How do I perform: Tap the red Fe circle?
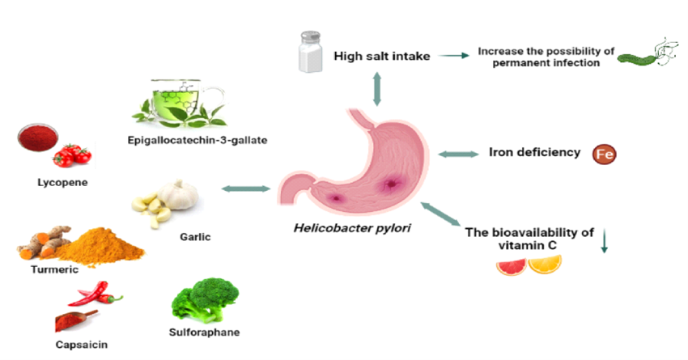604,153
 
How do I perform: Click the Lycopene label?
62,183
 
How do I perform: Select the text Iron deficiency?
534,152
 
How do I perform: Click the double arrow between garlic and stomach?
245,188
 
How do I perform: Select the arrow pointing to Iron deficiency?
457,153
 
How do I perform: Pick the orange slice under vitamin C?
544,265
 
